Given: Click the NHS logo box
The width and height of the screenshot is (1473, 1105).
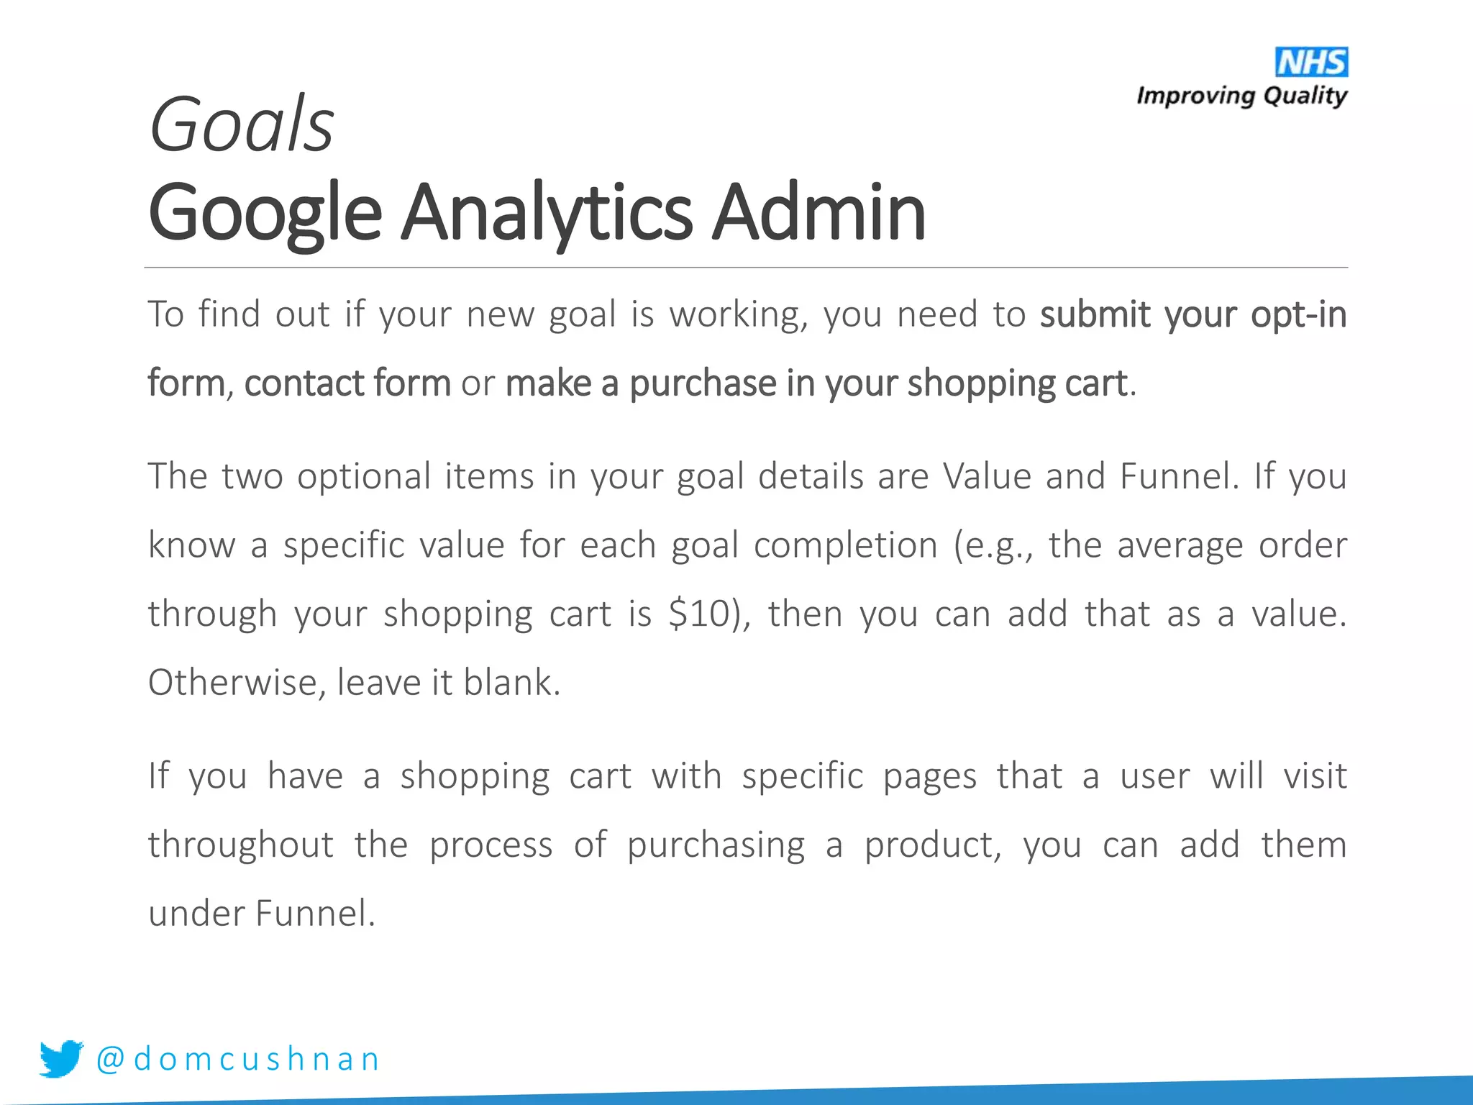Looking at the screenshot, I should tap(1311, 63).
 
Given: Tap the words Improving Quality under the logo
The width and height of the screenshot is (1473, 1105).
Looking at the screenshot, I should tap(1241, 96).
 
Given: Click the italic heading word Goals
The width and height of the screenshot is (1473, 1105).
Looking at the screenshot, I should tap(241, 125).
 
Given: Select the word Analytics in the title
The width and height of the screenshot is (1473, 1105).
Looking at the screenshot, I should tap(547, 213).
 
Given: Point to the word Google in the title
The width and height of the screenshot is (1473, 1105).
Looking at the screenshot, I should tap(264, 214).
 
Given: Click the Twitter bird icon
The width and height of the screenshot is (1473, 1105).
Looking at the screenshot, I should tap(61, 1058).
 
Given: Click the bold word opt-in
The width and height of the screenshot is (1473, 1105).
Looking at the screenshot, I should tap(1298, 315).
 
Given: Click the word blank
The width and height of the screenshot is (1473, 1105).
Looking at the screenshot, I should tap(511, 682).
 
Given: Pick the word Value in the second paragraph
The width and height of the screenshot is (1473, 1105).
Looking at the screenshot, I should tap(987, 476).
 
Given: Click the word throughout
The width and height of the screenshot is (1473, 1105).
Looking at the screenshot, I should tap(240, 845).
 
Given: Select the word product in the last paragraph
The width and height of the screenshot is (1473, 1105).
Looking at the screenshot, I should tap(932, 845).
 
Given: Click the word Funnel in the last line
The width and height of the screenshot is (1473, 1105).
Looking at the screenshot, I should tap(315, 914).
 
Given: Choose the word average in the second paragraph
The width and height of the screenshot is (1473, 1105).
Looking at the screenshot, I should tap(1180, 545).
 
